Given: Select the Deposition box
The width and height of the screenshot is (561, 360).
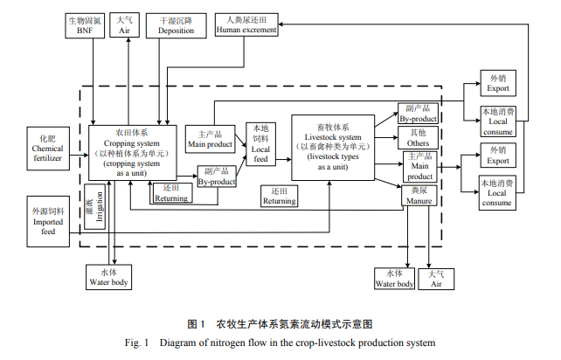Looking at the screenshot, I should (177, 24).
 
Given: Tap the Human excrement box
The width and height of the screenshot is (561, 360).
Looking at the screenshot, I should (247, 24).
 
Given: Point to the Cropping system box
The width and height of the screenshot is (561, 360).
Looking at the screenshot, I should (133, 152).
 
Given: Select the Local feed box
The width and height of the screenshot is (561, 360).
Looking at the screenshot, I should (261, 143).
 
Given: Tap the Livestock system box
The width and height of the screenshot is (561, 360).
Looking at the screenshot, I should (332, 147).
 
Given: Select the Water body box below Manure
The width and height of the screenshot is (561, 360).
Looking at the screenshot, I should (395, 278).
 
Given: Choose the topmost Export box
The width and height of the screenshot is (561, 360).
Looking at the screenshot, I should (497, 83).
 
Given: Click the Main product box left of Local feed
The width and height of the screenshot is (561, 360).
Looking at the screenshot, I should (211, 138).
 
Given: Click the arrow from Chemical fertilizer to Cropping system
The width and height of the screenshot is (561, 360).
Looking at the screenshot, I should (78, 149).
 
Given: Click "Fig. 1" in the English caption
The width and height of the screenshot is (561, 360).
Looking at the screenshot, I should (144, 343).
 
